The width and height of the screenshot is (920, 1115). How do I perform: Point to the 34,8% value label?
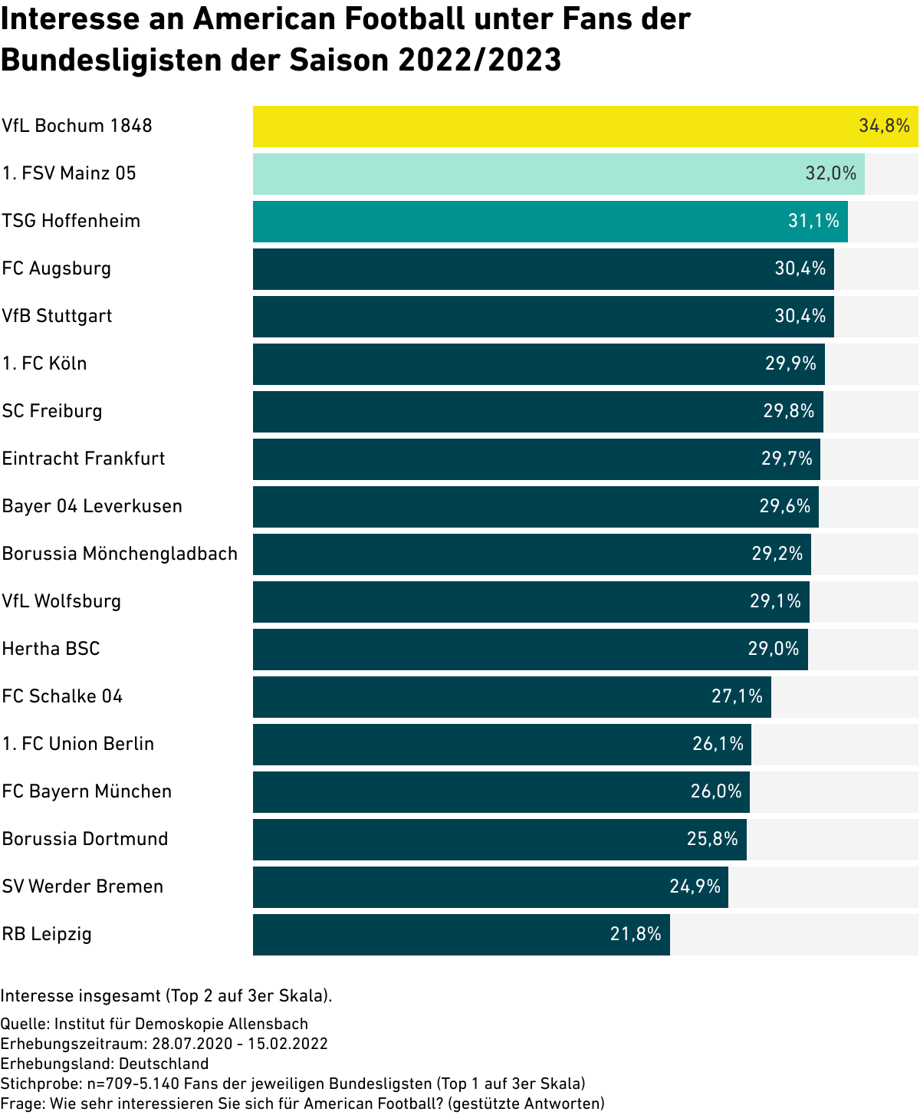click(x=884, y=126)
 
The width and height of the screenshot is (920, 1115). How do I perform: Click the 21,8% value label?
click(x=636, y=934)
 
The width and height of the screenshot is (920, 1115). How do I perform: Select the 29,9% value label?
click(x=790, y=363)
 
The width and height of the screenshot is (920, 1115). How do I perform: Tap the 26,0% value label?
click(x=716, y=791)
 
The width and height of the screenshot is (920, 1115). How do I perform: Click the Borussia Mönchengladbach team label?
click(x=120, y=554)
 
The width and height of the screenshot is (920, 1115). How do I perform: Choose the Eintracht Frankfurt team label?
click(x=84, y=459)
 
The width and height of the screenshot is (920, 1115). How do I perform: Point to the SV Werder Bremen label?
click(x=83, y=886)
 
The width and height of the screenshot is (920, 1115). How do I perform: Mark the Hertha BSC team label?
click(x=51, y=649)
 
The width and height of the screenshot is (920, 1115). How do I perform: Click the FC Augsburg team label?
click(x=57, y=268)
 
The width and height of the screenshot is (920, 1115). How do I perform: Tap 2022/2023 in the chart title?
click(x=479, y=60)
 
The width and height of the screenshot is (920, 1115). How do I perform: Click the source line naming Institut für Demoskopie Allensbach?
click(x=154, y=1024)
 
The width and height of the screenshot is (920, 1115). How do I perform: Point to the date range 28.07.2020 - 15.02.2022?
click(x=240, y=1044)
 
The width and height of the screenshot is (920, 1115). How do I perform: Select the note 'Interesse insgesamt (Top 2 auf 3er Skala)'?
click(x=166, y=996)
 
